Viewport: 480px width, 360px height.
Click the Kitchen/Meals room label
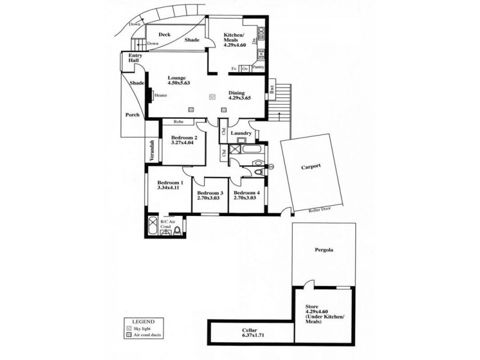[235, 39]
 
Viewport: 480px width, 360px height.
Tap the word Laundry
[241, 133]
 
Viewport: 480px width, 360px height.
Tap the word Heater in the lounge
[160, 95]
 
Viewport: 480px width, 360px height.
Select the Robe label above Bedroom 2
[178, 121]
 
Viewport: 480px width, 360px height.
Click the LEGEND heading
[135, 321]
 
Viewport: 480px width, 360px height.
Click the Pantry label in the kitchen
[259, 67]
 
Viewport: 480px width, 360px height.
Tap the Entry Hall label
[134, 59]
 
